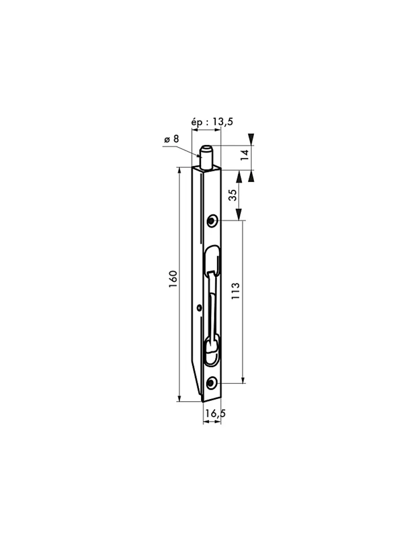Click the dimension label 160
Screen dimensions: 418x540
173,279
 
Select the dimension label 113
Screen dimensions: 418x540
235,290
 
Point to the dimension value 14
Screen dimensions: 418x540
245,155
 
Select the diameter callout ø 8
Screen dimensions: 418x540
171,139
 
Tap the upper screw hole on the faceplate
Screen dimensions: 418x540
212,220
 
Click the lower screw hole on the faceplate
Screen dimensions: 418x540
211,383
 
